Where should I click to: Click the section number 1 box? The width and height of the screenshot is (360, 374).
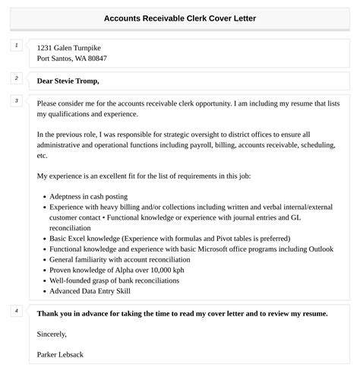17,47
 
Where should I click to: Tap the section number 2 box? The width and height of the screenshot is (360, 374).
17,78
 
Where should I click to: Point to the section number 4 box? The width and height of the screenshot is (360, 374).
17,312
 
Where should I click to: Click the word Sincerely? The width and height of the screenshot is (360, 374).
52,334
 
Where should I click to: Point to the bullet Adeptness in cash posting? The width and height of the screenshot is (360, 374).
89,195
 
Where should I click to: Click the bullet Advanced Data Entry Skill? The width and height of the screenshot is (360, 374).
90,290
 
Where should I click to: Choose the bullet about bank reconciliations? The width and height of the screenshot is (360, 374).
114,280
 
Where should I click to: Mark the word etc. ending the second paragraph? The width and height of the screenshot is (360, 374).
42,155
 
